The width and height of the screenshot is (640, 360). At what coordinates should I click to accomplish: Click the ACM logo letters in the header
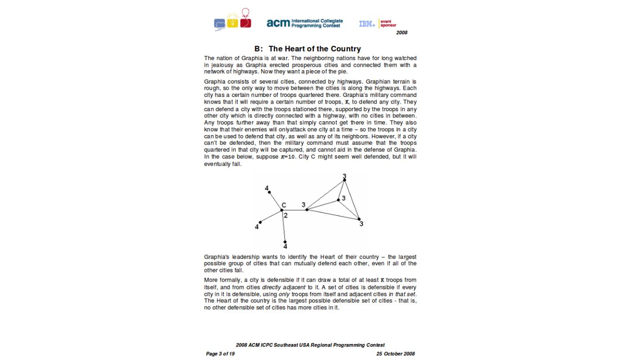(x=278, y=23)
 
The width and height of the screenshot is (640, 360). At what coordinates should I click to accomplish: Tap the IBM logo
(x=367, y=24)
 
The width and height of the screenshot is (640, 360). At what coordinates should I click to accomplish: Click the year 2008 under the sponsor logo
(x=401, y=32)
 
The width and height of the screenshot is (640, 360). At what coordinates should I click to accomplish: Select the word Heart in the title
(x=294, y=49)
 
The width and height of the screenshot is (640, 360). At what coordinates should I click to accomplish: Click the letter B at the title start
(x=257, y=49)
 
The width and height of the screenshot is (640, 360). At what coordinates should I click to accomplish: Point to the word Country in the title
(x=346, y=49)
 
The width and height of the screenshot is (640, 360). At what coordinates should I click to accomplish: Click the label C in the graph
(x=284, y=205)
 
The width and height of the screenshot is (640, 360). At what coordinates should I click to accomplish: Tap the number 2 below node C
(x=285, y=216)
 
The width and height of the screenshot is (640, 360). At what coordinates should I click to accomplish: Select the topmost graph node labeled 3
(x=344, y=180)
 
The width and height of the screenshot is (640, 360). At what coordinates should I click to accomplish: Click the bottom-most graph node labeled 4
(x=285, y=242)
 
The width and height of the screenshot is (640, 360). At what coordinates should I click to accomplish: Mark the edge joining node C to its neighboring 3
(x=294, y=210)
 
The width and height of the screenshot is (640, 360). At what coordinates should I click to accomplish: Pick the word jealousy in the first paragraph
(x=225, y=65)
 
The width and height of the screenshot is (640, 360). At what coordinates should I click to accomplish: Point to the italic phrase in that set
(x=402, y=294)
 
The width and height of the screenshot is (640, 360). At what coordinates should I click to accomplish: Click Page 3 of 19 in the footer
(x=220, y=354)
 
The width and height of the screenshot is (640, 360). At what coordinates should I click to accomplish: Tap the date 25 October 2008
(x=395, y=354)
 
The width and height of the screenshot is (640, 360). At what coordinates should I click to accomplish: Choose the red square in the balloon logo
(x=246, y=23)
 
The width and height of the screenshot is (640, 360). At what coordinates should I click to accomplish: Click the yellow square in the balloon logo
(x=232, y=23)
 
